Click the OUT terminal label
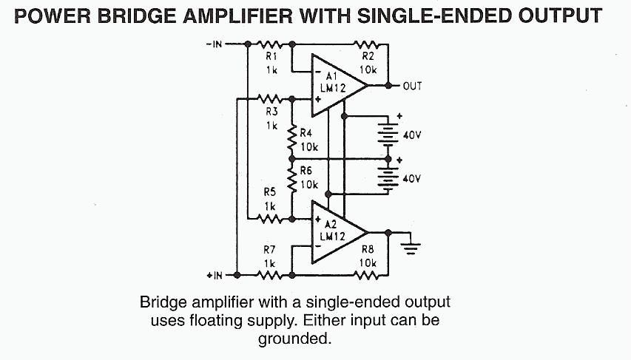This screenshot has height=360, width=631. (412, 86)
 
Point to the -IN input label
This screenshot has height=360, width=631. (215, 44)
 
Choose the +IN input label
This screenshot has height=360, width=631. (215, 275)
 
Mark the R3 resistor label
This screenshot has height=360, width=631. (271, 111)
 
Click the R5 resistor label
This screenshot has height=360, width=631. (271, 191)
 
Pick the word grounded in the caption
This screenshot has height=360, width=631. (292, 340)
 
